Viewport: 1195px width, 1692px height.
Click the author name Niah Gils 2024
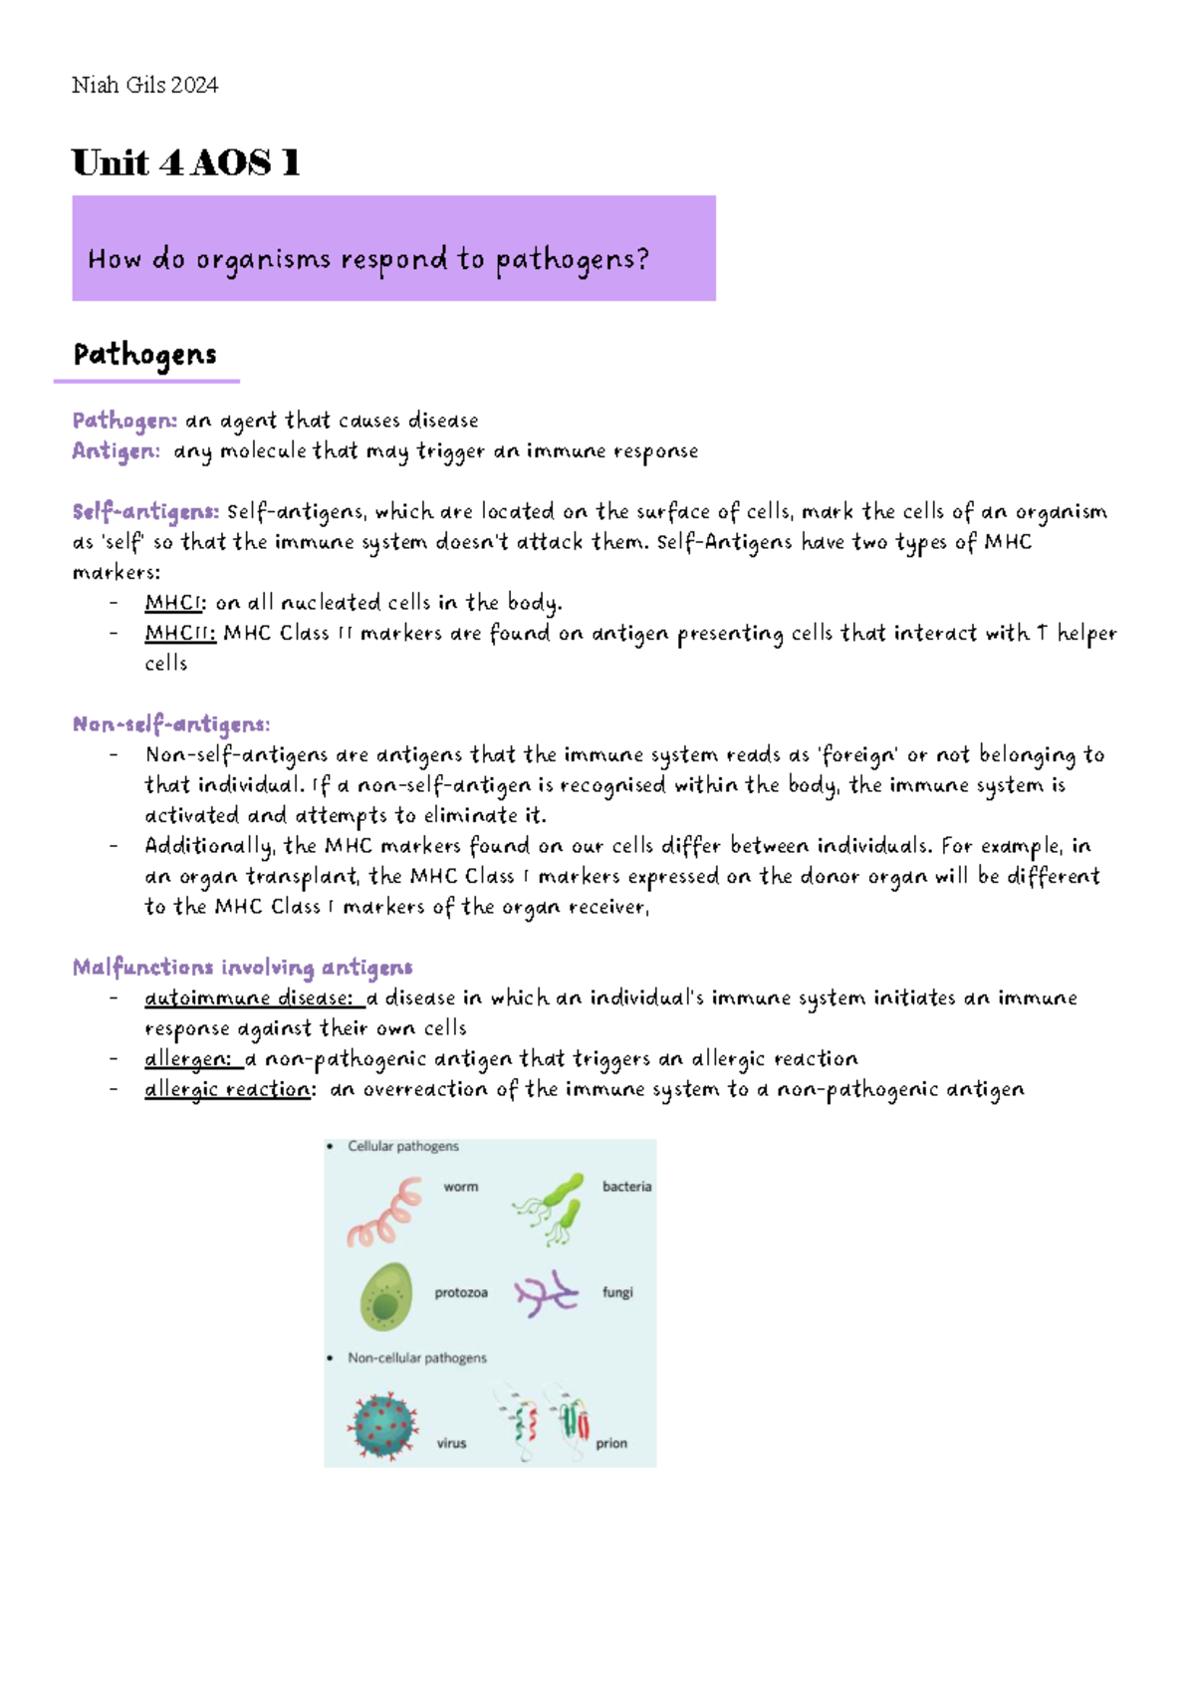coord(144,86)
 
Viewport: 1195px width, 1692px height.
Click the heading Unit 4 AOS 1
coord(185,162)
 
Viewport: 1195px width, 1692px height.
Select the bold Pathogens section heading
coord(144,355)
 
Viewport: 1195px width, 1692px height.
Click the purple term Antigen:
coord(116,451)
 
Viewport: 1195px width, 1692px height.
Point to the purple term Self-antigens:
coord(145,512)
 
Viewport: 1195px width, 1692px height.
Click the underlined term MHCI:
coord(176,603)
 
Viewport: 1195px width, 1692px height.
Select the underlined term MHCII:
coord(180,634)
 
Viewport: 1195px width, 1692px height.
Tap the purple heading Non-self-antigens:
coord(171,724)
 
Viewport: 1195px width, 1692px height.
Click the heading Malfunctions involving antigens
coord(242,968)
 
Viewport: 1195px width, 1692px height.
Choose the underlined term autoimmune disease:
coord(249,998)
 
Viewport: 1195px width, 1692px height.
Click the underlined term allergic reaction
coord(228,1090)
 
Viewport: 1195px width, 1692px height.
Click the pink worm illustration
coord(384,1212)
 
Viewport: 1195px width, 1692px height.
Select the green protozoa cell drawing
coord(385,1296)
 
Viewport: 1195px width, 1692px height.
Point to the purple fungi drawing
coord(546,1294)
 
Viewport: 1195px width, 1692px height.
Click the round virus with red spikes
coord(382,1427)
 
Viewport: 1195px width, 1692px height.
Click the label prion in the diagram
coord(611,1443)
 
